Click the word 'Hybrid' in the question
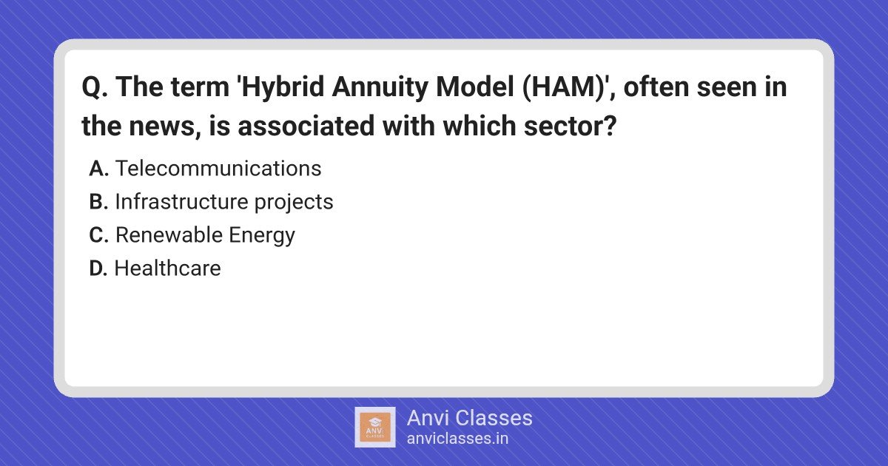coord(282,87)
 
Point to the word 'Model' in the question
coord(474,87)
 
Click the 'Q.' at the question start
coord(95,87)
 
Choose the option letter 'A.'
coord(98,169)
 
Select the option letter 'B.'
coord(98,202)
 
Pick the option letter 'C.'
coord(98,235)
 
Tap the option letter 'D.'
coord(98,269)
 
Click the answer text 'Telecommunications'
coord(218,169)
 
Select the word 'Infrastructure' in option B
coord(181,202)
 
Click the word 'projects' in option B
coord(294,203)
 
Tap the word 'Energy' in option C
coord(262,237)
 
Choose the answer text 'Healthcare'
coord(168,269)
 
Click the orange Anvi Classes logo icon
coord(375,428)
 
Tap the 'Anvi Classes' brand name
coord(470,418)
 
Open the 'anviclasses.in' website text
coord(457,439)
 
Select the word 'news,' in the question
coord(165,126)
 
